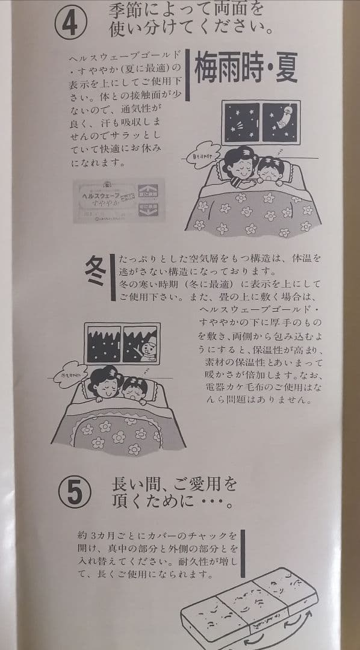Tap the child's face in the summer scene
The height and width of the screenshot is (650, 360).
[270, 172]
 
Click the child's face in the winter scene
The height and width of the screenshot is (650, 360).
[134, 390]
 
